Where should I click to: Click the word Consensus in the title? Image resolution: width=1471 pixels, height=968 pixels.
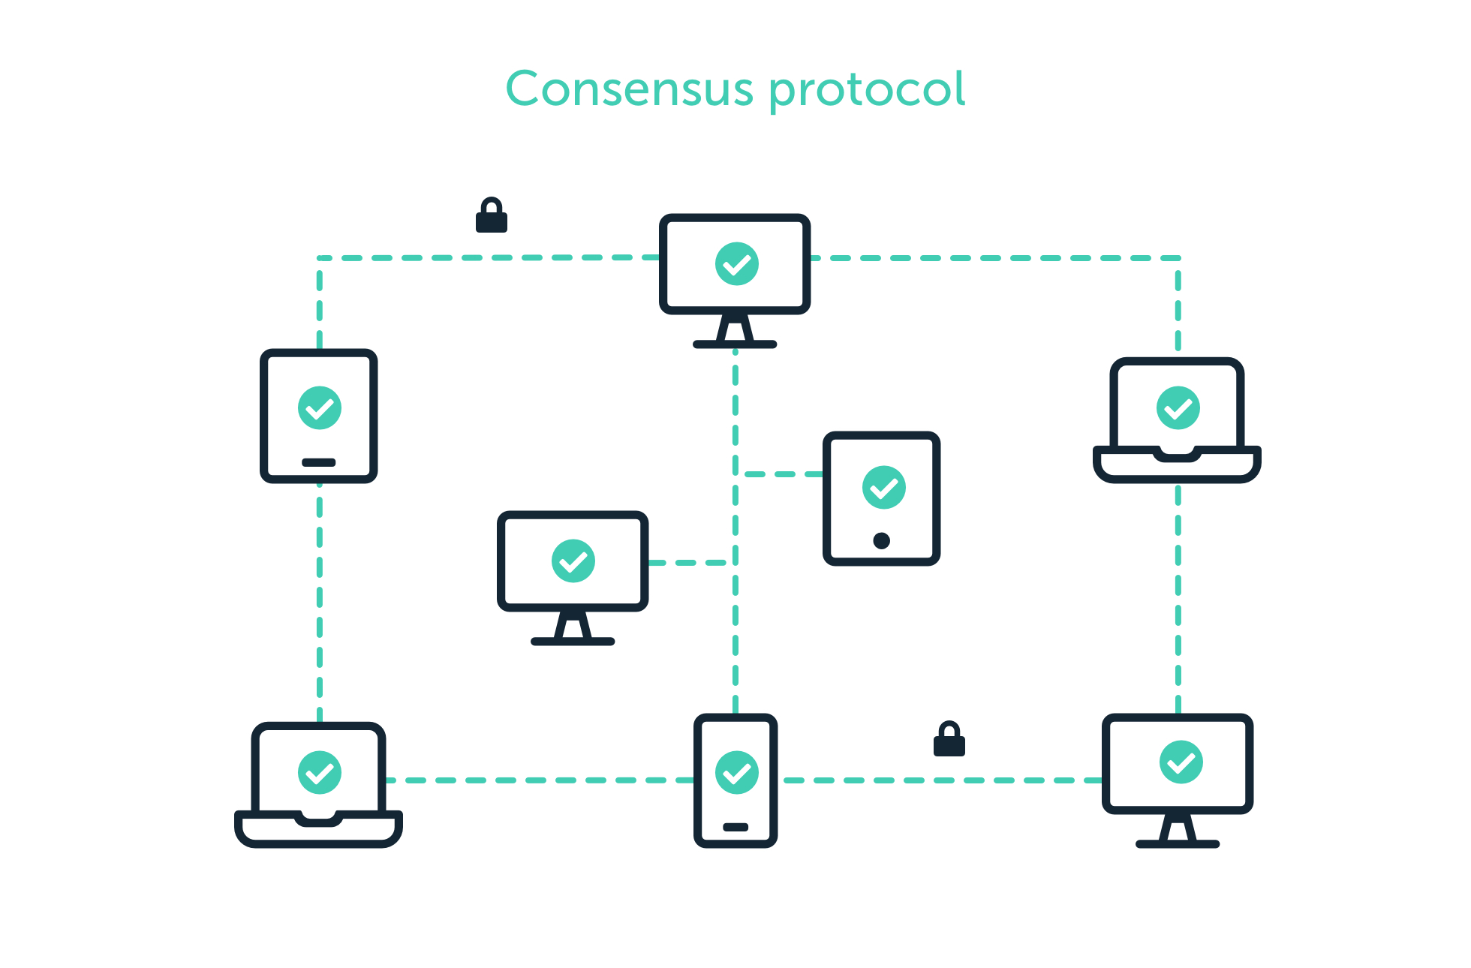tap(629, 89)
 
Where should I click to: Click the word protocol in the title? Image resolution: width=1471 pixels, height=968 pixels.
tap(867, 91)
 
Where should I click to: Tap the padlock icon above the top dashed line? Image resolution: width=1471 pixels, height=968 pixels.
tap(492, 216)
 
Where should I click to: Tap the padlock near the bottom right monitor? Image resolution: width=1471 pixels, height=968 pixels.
tap(949, 740)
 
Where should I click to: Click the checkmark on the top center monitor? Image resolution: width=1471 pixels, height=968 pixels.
tap(736, 264)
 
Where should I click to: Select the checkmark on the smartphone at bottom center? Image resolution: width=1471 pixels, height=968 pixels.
tap(736, 772)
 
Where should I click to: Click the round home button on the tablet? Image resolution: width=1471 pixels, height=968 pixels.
tap(882, 540)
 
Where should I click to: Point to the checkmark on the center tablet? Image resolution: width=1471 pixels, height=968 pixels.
tap(884, 488)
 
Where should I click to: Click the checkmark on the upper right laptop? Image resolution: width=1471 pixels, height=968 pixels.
tap(1178, 408)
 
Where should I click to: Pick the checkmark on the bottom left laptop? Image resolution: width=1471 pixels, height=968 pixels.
tap(320, 772)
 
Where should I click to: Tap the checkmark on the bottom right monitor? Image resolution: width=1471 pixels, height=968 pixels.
tap(1181, 762)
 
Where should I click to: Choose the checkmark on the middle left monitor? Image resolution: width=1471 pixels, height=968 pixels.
tap(573, 561)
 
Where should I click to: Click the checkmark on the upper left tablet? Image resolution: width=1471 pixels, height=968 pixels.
tap(320, 408)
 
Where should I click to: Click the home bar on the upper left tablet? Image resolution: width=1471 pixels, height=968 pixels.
tap(318, 462)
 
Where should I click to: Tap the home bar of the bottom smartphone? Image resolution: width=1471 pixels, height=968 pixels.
tap(735, 827)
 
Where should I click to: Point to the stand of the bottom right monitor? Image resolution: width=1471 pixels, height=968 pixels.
tap(1177, 832)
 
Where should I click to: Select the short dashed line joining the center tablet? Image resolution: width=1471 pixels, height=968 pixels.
tap(782, 474)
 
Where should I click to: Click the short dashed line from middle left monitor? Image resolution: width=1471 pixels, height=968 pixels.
tap(687, 562)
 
